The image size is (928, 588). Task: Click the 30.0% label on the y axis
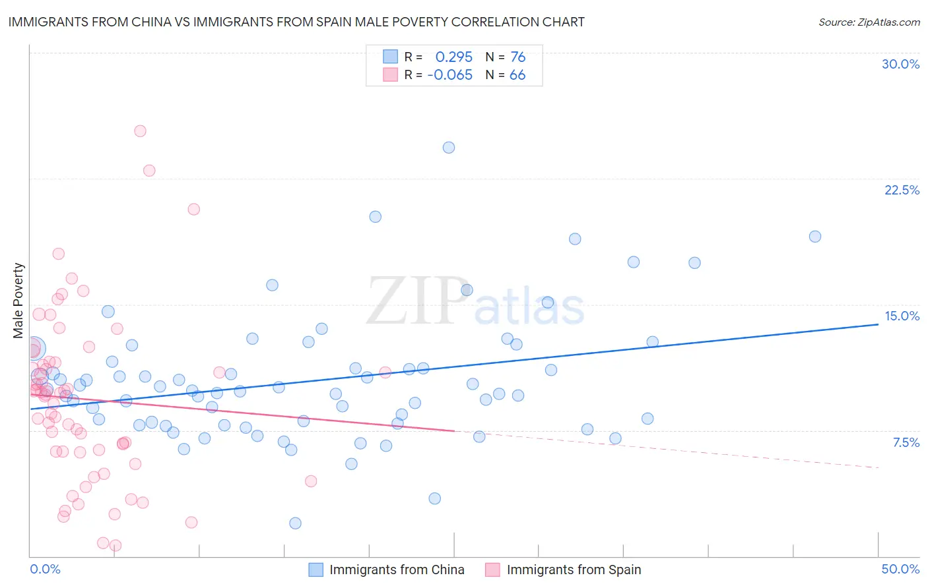(900, 64)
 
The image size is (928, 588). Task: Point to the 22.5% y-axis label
(902, 190)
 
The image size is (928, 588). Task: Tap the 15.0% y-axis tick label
(902, 316)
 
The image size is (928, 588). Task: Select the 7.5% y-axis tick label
(906, 442)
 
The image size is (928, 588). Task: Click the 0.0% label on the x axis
(45, 569)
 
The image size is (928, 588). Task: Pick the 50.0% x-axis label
(900, 569)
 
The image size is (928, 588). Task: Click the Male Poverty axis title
(18, 301)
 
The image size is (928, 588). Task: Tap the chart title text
(296, 22)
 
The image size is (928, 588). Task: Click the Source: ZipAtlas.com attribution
(869, 22)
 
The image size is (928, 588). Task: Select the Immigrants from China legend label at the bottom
(397, 570)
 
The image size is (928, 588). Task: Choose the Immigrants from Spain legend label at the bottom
(574, 570)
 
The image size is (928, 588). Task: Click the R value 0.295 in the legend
(454, 57)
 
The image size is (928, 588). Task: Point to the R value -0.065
(450, 75)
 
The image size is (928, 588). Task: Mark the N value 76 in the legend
(518, 57)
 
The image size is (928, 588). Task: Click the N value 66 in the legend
(517, 75)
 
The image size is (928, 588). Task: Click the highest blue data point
(449, 148)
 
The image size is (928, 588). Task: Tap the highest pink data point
(140, 131)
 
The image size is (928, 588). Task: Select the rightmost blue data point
(815, 237)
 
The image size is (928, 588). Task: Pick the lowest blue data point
(295, 523)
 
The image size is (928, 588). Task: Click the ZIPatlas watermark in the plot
(475, 302)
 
